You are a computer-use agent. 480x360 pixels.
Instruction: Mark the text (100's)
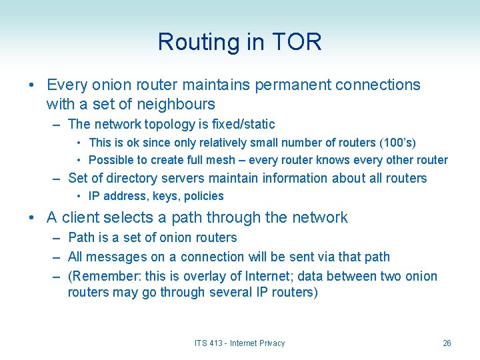[397, 143]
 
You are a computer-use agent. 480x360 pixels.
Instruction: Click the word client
[84, 217]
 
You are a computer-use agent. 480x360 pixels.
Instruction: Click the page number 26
[447, 343]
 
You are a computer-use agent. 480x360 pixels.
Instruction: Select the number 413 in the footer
[215, 343]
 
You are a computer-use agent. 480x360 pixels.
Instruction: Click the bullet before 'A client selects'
[32, 217]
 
